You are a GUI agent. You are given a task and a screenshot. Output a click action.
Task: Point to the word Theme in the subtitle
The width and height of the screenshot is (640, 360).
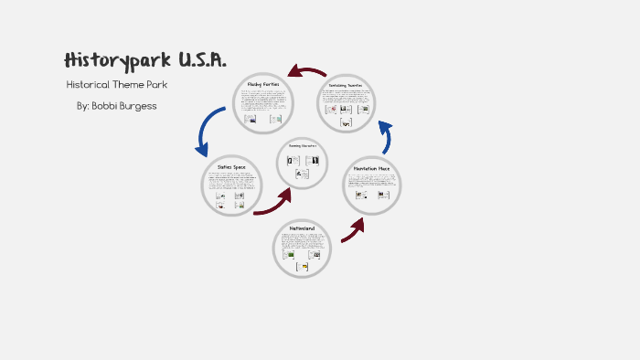point(134,85)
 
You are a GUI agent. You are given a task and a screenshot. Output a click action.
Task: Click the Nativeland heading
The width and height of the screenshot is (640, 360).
point(302,227)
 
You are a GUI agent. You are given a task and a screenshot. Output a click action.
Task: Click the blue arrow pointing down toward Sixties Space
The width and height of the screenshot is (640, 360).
point(206,131)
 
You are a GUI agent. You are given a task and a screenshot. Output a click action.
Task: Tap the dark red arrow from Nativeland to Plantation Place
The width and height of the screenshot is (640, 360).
point(353,230)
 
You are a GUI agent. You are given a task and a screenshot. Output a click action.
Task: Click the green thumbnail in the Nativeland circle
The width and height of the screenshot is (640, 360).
point(291,255)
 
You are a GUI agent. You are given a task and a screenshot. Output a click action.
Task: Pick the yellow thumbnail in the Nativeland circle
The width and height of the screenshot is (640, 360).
point(304,267)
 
